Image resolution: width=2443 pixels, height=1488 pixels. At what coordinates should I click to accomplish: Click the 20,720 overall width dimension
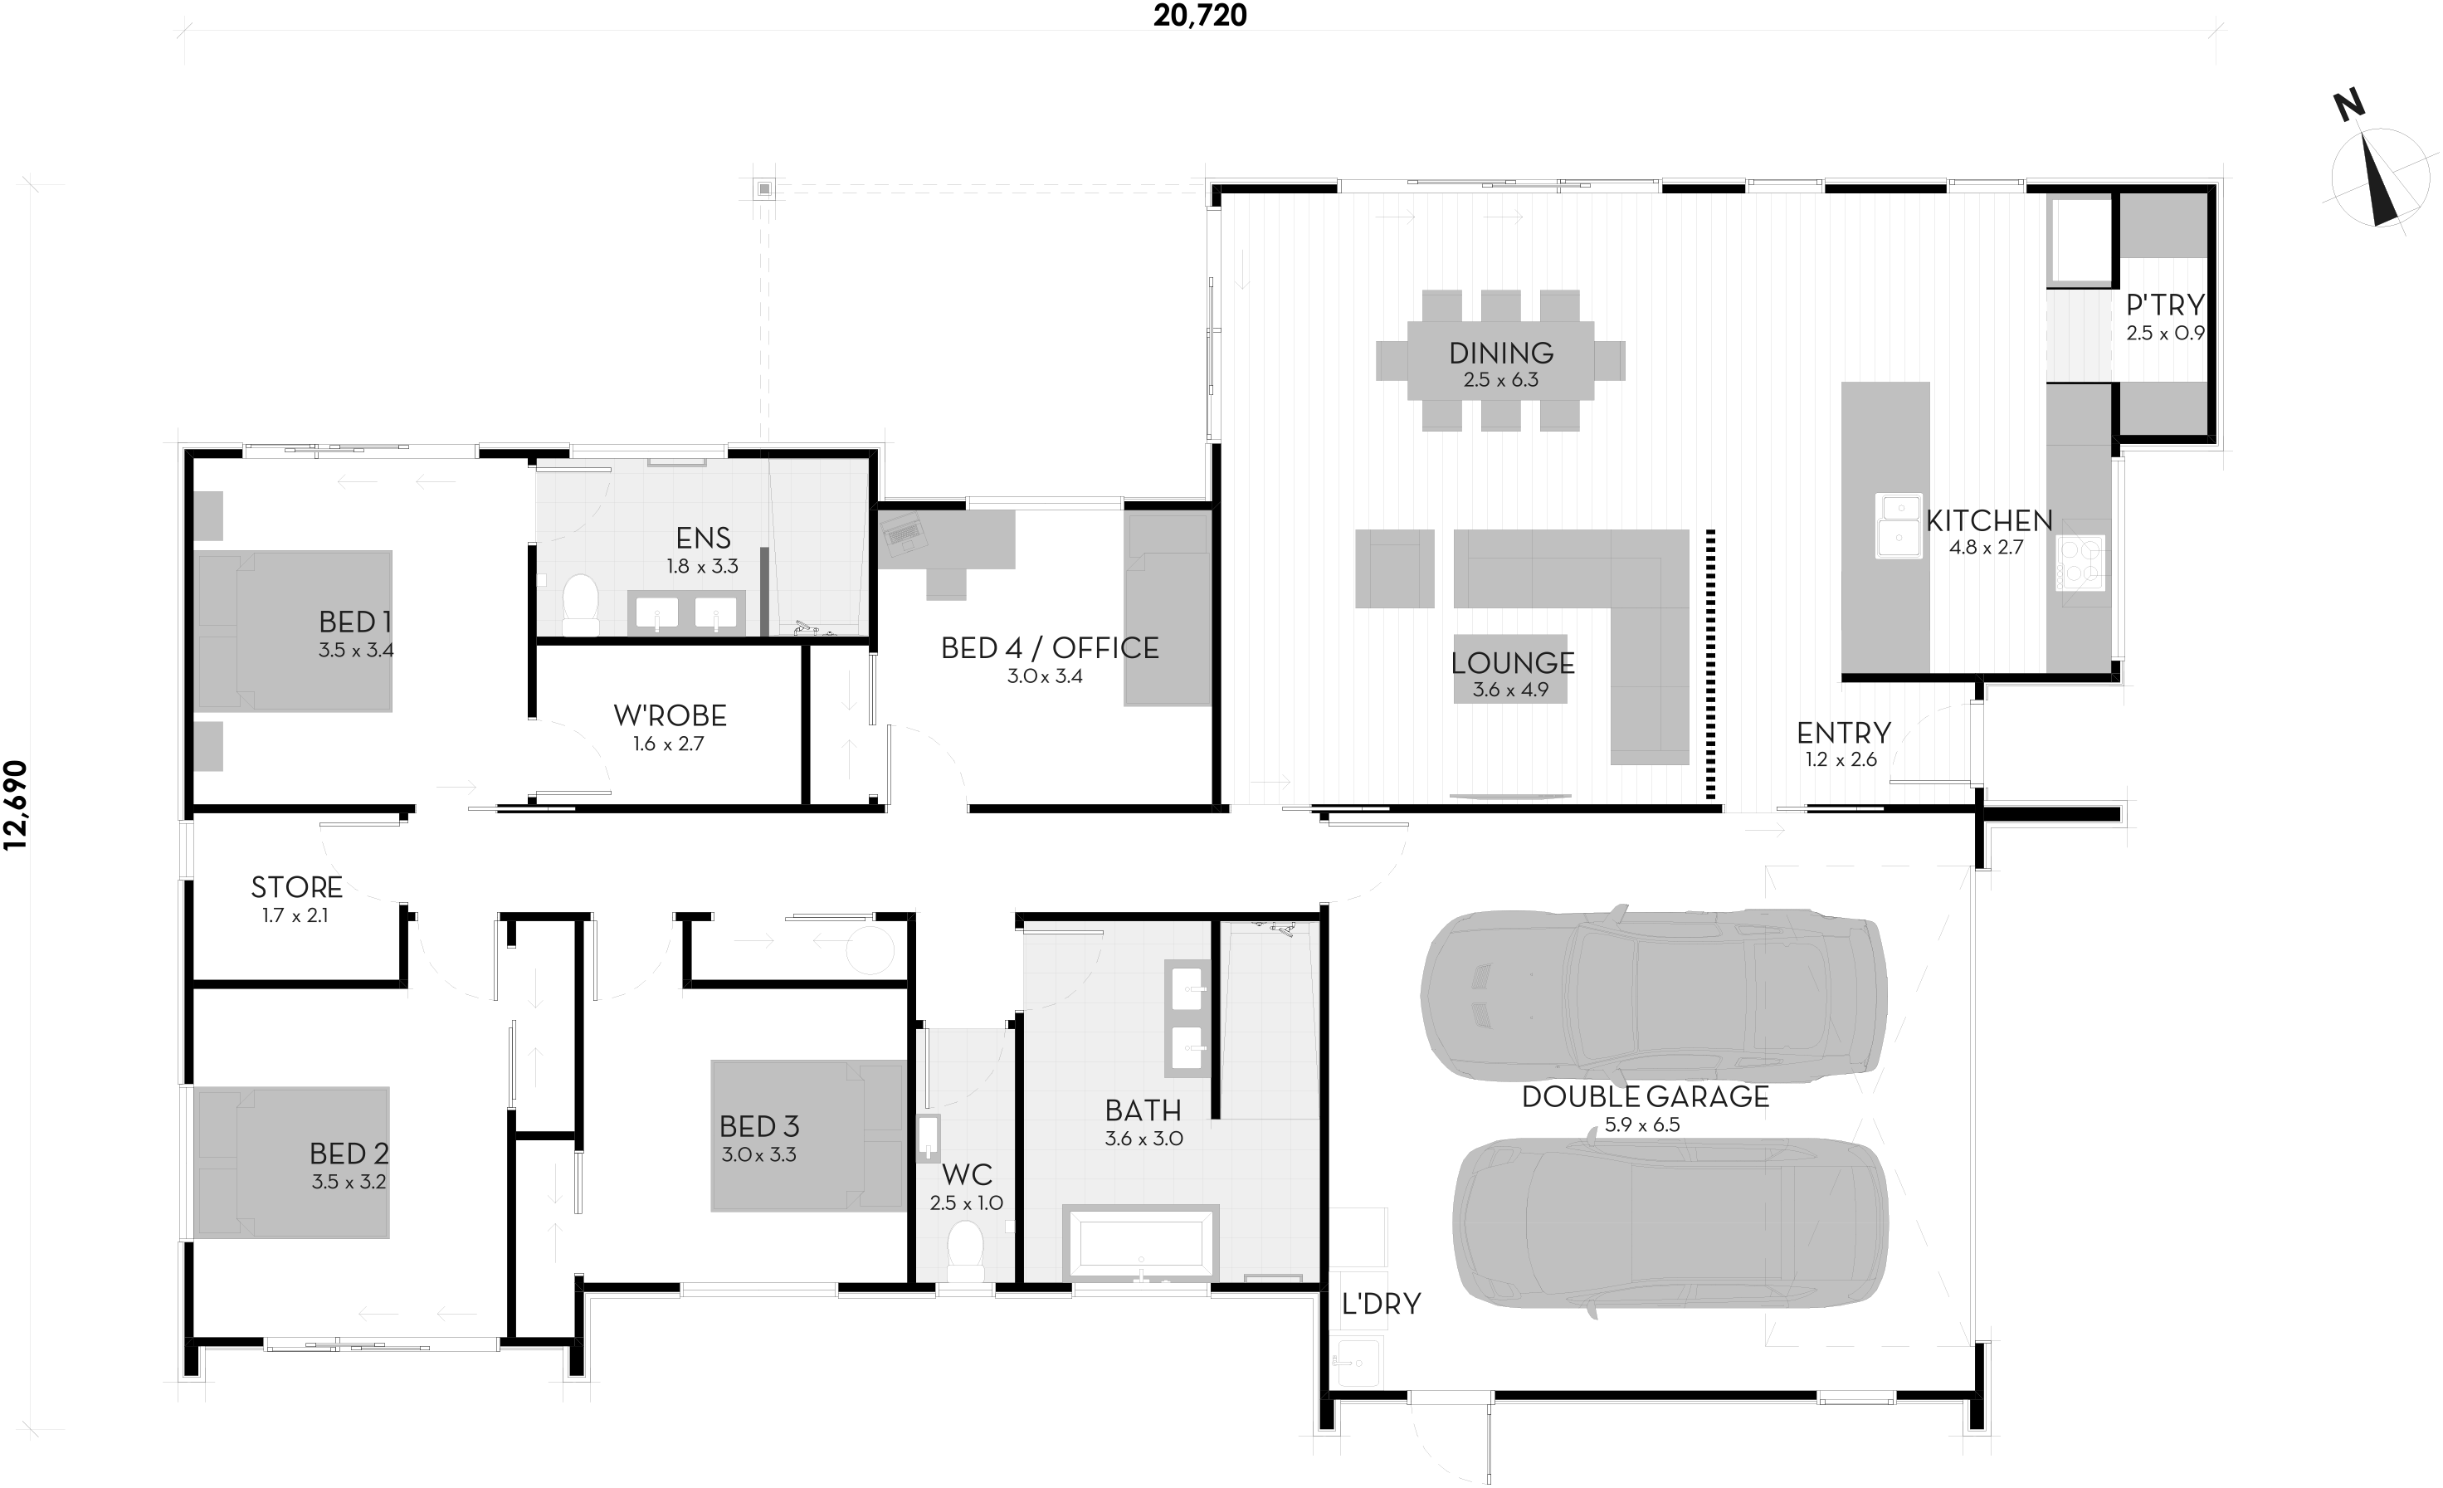(1200, 15)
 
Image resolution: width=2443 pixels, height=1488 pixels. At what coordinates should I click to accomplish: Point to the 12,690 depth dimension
(16, 805)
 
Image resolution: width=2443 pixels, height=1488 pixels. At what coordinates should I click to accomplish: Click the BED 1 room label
(355, 622)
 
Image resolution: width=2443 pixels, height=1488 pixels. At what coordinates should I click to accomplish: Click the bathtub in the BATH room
(1140, 1242)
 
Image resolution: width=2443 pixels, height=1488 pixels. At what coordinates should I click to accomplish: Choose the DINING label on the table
(1500, 352)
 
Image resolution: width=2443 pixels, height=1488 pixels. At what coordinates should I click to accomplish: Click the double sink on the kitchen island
(1898, 525)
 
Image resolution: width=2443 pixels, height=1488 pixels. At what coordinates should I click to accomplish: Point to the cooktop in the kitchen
(2081, 562)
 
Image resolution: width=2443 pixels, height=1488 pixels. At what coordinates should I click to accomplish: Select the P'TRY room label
(2165, 305)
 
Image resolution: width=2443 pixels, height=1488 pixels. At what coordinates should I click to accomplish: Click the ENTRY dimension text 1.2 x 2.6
(1841, 759)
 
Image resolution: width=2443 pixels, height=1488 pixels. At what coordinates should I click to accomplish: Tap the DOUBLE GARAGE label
(1645, 1096)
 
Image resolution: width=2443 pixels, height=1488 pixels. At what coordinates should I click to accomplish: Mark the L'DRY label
(1381, 1304)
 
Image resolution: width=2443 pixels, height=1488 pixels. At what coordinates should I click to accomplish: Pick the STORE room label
(296, 887)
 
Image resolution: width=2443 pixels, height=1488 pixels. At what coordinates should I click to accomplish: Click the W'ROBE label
(670, 715)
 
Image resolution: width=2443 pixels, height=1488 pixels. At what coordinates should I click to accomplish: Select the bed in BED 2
(291, 1163)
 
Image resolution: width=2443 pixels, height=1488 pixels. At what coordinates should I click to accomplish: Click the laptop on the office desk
(902, 534)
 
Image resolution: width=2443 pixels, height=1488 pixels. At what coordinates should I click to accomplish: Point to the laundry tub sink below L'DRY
(1355, 1361)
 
